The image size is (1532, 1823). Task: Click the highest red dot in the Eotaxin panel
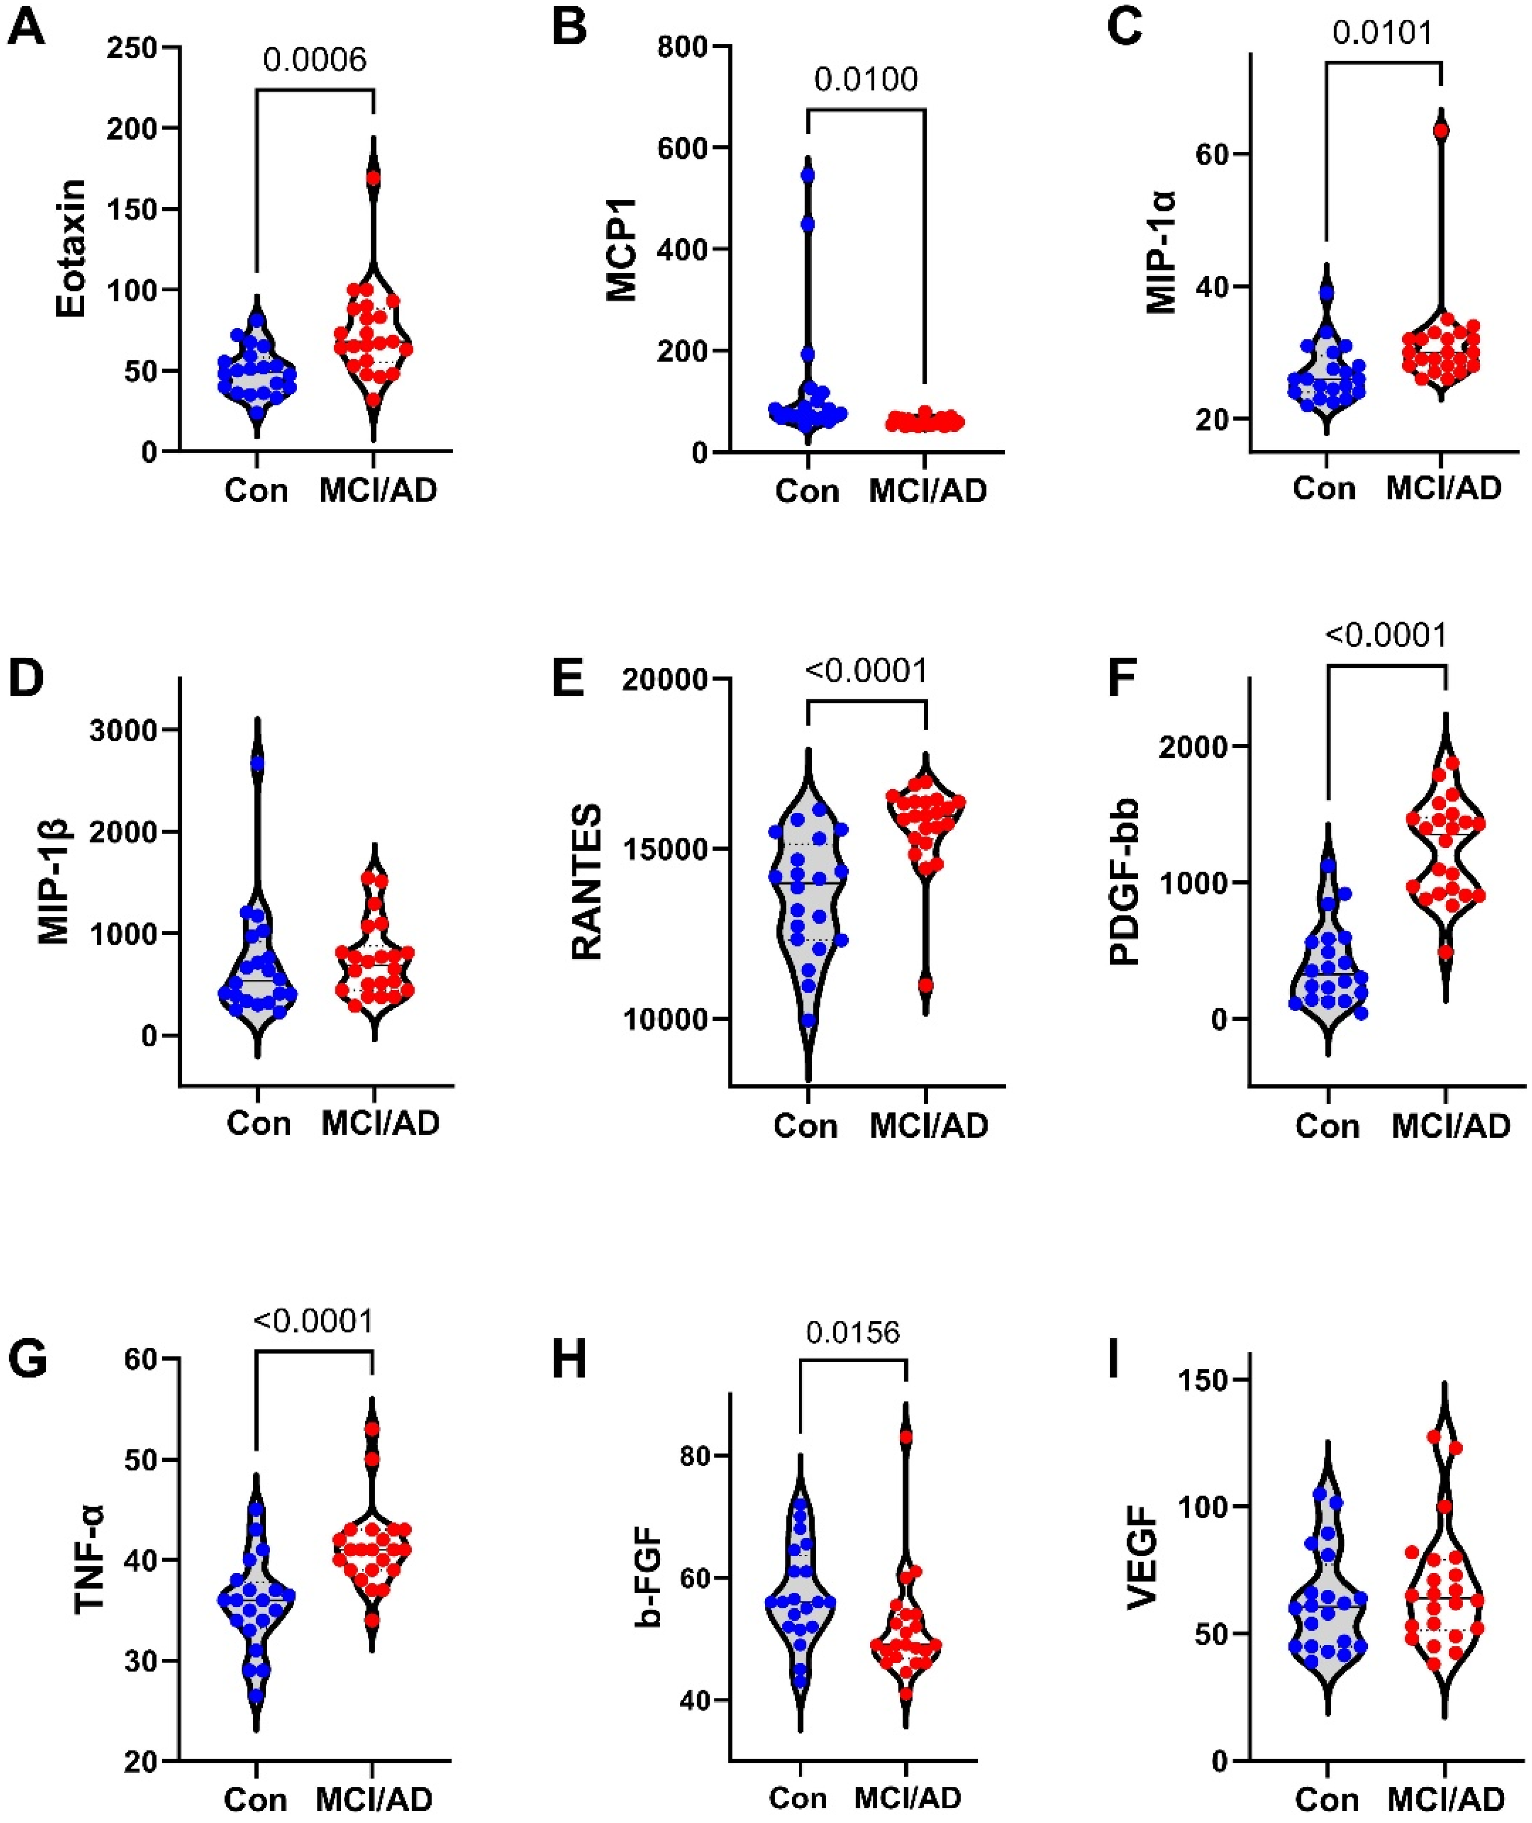pyautogui.click(x=374, y=178)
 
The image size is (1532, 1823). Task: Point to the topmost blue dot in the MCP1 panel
pyautogui.click(x=808, y=175)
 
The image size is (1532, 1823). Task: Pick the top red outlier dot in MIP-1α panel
pyautogui.click(x=1441, y=131)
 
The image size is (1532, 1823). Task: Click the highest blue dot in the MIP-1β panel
pyautogui.click(x=257, y=764)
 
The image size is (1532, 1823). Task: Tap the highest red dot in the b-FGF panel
pyautogui.click(x=906, y=1436)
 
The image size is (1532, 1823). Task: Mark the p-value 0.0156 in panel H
pyautogui.click(x=853, y=1332)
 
